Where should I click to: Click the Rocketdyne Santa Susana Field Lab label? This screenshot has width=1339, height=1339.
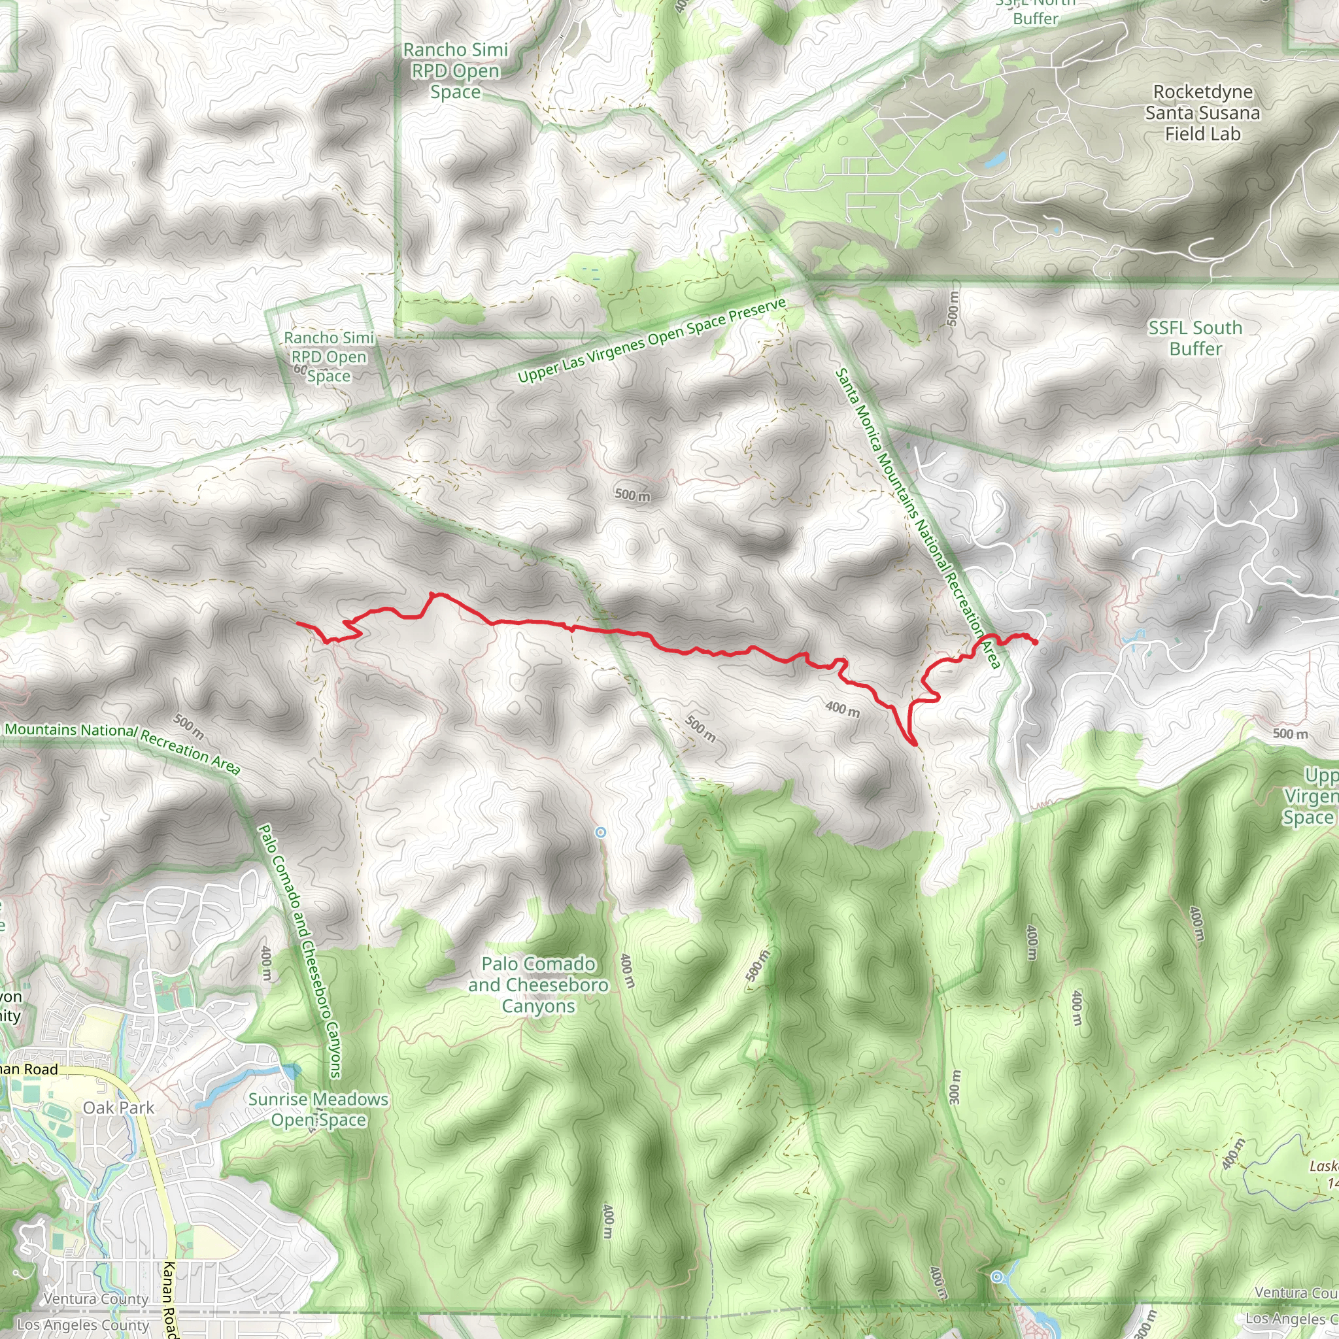pos(1202,112)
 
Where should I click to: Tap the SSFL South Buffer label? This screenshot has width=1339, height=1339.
pos(1195,338)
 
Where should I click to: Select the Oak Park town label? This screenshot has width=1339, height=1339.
pos(118,1108)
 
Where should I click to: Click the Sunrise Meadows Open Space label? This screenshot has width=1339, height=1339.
pos(318,1110)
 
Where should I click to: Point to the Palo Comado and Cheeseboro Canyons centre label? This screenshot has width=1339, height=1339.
pos(539,985)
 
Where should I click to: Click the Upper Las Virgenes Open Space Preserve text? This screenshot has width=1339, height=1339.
pos(651,340)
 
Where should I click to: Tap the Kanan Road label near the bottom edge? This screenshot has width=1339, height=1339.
pos(169,1299)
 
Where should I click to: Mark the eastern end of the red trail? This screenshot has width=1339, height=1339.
pos(1035,643)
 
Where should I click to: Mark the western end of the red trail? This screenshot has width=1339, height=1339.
pos(298,623)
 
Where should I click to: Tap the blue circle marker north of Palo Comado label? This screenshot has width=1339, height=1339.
pos(600,832)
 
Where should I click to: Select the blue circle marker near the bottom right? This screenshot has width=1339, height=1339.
pos(996,1278)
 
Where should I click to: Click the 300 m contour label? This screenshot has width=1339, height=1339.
pos(955,1087)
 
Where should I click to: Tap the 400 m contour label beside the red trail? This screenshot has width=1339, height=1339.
pos(842,709)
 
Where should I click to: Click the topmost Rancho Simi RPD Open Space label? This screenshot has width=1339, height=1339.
pos(455,71)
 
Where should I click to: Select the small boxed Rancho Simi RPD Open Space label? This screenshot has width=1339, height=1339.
pos(328,357)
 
